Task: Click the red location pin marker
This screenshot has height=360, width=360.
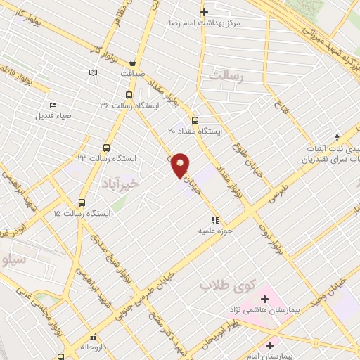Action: tap(181, 164)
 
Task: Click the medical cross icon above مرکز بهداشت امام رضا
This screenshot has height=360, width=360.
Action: tap(204, 12)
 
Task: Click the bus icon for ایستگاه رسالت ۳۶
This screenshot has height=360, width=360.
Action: tap(129, 94)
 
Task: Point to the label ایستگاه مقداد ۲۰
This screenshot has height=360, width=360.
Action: tap(195, 131)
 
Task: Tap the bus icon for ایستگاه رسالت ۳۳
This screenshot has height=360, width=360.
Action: tap(107, 148)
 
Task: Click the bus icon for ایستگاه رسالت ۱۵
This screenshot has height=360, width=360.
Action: tap(82, 202)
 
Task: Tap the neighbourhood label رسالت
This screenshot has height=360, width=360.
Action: tap(225, 77)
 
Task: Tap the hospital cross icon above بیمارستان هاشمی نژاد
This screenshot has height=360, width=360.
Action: tap(264, 299)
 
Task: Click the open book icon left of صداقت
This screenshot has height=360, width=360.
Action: tap(94, 72)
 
